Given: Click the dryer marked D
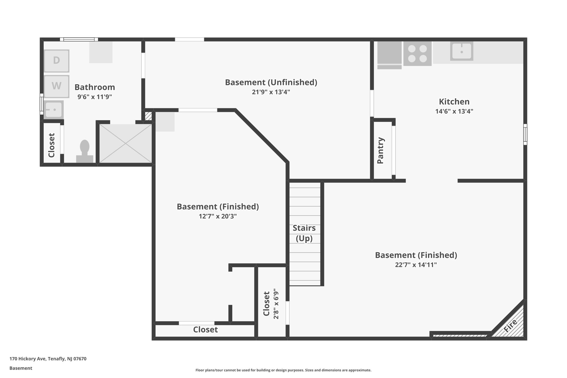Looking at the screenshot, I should point(56,61).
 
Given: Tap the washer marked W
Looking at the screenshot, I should point(56,86).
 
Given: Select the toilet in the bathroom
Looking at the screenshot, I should point(85,151).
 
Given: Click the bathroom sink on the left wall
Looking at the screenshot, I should point(54,110).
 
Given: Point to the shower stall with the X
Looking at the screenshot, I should point(125,143).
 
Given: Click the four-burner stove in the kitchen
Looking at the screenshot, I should point(417,54).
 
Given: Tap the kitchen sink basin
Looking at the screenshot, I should point(461,51).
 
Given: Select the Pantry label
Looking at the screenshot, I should point(381,150).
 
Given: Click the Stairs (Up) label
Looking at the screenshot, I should point(304,233).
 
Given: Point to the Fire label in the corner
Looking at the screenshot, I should point(510,325).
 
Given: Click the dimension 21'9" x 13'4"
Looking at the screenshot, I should point(271,92).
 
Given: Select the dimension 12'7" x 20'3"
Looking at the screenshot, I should point(218,216).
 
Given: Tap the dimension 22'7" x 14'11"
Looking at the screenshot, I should point(416,265).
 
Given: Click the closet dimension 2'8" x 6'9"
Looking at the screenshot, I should point(276,304).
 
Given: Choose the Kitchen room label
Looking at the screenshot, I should point(454,102).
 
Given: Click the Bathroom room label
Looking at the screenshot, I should point(95,87).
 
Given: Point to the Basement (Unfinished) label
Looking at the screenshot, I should point(271,82).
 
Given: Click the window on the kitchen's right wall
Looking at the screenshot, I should point(525,134).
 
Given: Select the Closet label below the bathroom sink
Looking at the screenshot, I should point(51,145).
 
